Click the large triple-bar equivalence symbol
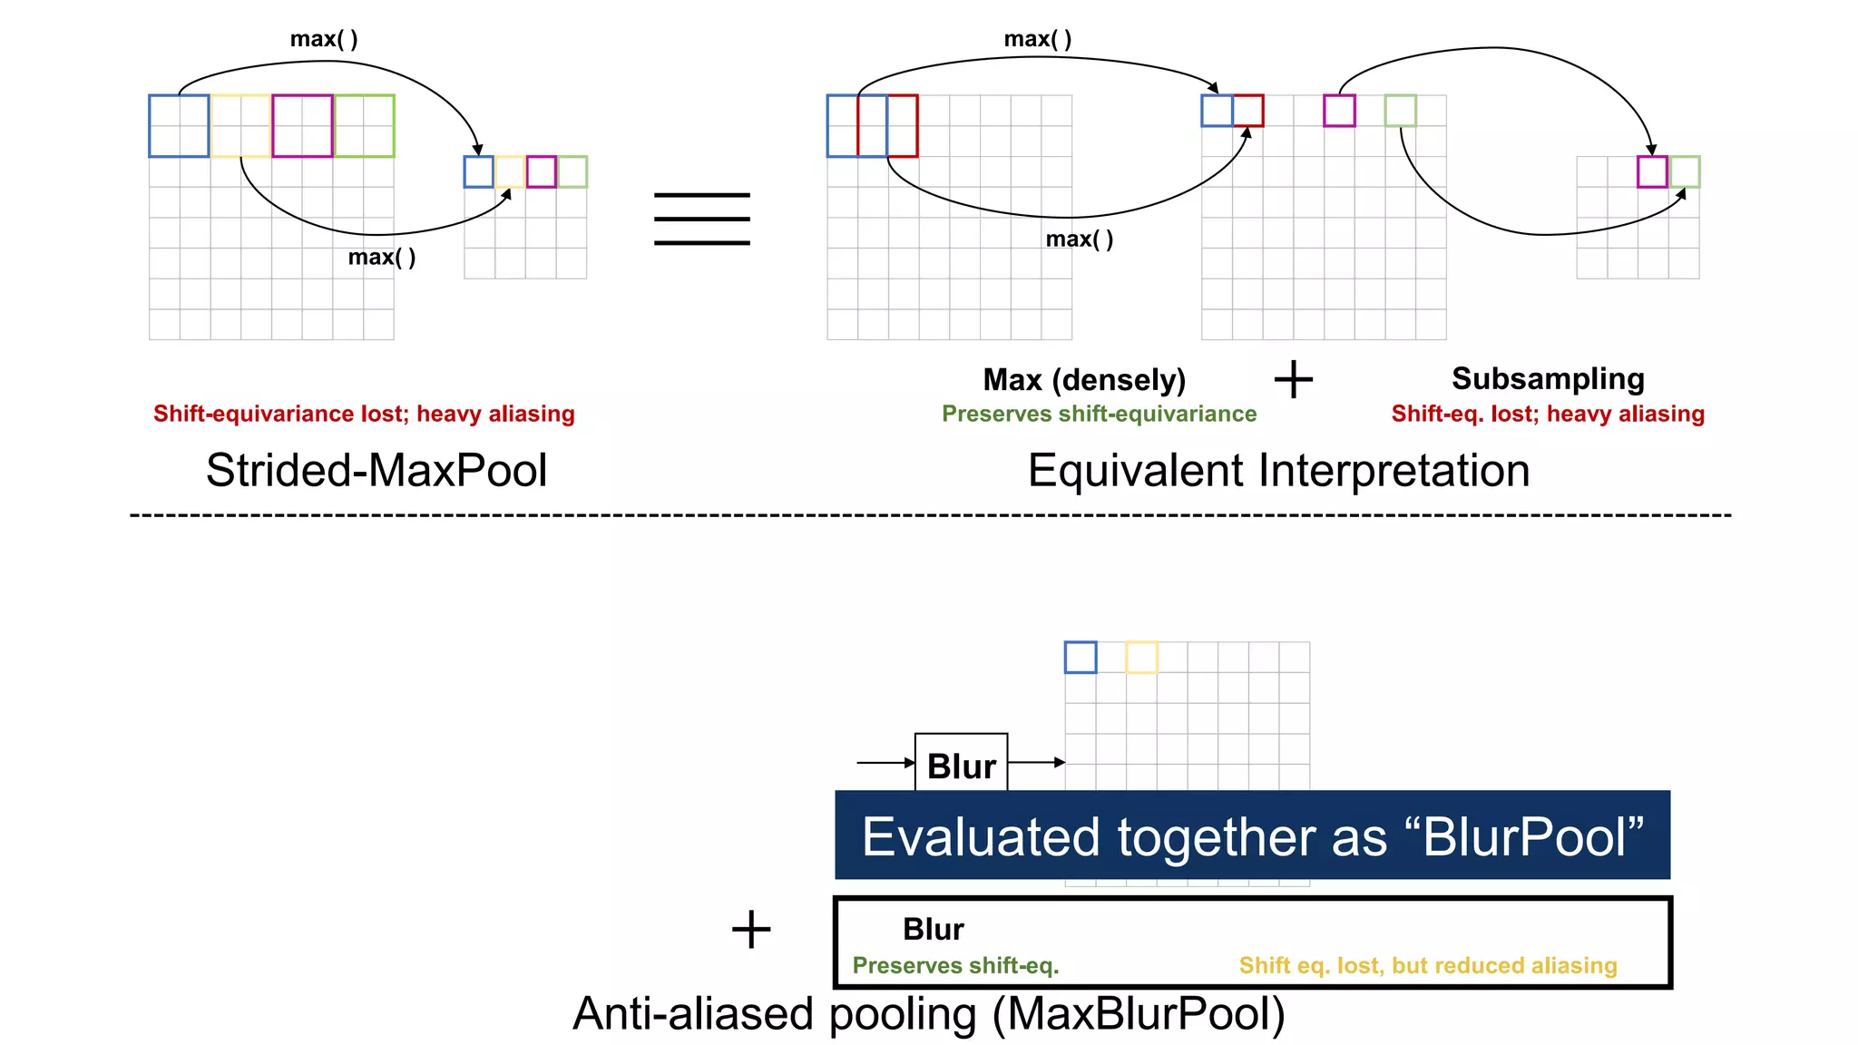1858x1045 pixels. [x=701, y=219]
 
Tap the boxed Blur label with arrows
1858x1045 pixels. [x=961, y=766]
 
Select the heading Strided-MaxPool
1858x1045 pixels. [x=376, y=470]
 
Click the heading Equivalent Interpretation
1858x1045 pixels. [x=1278, y=470]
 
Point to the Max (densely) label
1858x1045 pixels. [x=1084, y=379]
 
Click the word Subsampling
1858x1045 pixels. [x=1548, y=378]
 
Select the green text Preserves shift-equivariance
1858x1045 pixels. [x=1099, y=414]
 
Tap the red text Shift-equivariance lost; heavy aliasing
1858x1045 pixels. [x=364, y=414]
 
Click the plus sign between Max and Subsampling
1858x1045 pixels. [x=1293, y=379]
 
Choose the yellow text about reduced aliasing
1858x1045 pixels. [x=1428, y=965]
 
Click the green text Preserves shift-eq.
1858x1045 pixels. [x=955, y=965]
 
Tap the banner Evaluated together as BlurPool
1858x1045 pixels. [x=1252, y=835]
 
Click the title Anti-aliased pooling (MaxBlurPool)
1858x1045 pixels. [x=929, y=1013]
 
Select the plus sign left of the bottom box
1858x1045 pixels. [x=751, y=930]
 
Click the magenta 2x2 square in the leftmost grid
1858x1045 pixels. [x=302, y=126]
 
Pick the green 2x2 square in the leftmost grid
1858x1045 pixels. [x=364, y=126]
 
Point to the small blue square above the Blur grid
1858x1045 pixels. [x=1081, y=657]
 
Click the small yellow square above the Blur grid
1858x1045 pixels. [x=1141, y=657]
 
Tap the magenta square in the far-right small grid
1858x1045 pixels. [x=1652, y=171]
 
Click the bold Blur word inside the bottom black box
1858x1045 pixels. [x=933, y=929]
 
